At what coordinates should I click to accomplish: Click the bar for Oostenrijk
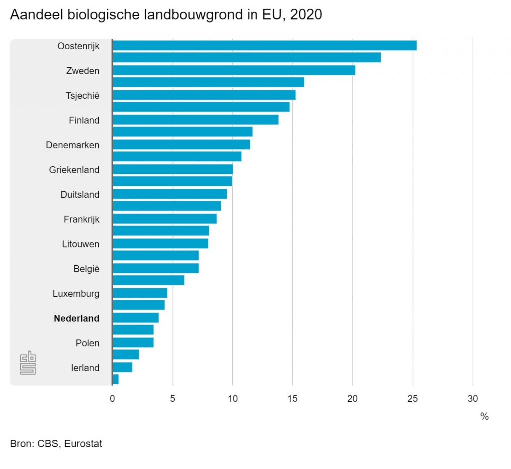(264, 46)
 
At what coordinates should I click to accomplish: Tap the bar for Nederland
(136, 318)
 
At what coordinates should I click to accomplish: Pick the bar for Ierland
(122, 367)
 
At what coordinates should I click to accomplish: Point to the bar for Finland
(196, 120)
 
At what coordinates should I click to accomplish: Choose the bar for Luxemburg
(140, 293)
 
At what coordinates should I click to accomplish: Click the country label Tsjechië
(83, 95)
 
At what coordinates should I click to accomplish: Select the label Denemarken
(73, 145)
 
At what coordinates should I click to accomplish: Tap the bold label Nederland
(77, 318)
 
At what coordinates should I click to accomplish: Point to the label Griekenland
(74, 170)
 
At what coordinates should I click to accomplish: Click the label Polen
(88, 343)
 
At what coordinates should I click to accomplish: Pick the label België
(87, 269)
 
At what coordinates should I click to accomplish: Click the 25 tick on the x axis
(413, 399)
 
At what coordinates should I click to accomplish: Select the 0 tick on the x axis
(112, 399)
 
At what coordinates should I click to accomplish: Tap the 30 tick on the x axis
(473, 399)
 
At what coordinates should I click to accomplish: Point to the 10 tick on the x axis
(233, 399)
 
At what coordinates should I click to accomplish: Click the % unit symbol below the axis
(484, 416)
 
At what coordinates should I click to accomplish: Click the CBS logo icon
(28, 362)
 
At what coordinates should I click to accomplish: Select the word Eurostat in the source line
(83, 443)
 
